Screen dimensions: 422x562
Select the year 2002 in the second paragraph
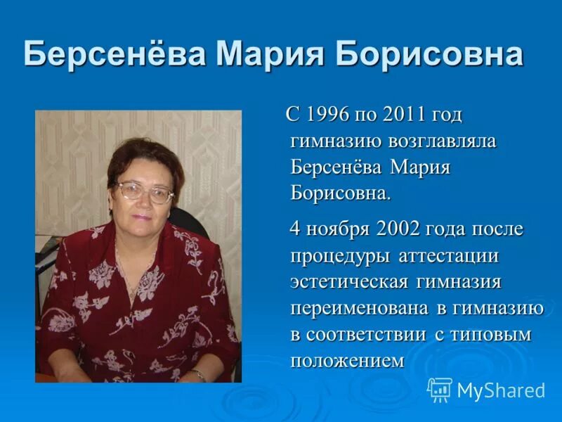[x=398, y=229]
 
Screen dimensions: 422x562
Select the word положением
[x=348, y=361]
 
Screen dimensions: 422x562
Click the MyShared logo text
[x=501, y=390]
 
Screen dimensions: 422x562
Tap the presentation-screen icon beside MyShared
[x=440, y=390]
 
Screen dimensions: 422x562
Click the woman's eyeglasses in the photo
[x=144, y=191]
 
